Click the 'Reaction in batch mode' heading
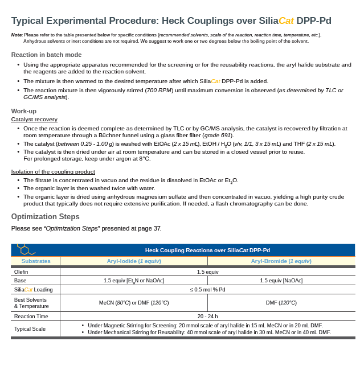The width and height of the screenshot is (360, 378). pyautogui.click(x=46, y=55)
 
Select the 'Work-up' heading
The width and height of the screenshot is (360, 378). pyautogui.click(x=24, y=111)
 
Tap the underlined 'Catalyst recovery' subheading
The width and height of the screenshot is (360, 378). pyautogui.click(x=34, y=120)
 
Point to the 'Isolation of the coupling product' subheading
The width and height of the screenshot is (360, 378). pyautogui.click(x=53, y=172)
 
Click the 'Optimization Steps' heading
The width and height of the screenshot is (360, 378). pyautogui.click(x=45, y=217)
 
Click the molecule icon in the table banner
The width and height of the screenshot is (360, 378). pyautogui.click(x=25, y=249)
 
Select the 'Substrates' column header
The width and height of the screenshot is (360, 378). pyautogui.click(x=35, y=261)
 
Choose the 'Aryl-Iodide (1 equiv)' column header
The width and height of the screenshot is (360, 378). pyautogui.click(x=134, y=261)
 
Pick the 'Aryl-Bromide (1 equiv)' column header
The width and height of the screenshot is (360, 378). pyautogui.click(x=281, y=261)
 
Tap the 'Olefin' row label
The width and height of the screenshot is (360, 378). pyautogui.click(x=21, y=272)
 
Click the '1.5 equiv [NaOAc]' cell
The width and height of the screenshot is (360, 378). pyautogui.click(x=281, y=281)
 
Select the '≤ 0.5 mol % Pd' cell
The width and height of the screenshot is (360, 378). pyautogui.click(x=207, y=290)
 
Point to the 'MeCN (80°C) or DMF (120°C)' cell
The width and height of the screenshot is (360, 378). pyautogui.click(x=134, y=303)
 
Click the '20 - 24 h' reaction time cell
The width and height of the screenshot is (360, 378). pyautogui.click(x=207, y=317)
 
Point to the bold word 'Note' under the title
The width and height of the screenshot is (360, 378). pyautogui.click(x=17, y=35)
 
